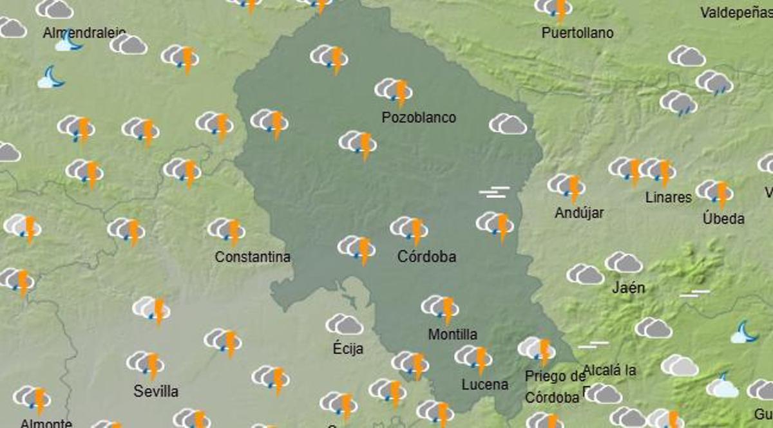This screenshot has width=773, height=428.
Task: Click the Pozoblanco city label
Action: point(419,118)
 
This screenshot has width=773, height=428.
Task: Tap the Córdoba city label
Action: point(426,257)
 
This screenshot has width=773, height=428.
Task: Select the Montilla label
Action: point(453,335)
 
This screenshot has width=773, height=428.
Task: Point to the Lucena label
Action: point(485,385)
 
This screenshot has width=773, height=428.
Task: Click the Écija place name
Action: point(348,349)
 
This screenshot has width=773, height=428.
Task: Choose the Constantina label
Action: point(253,257)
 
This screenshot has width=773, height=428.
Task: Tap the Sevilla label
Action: point(156,391)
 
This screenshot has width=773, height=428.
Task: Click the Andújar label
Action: point(579,213)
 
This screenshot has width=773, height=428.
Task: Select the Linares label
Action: point(669,198)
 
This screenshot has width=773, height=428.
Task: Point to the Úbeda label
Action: point(723,219)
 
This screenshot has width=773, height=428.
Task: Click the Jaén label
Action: point(628,288)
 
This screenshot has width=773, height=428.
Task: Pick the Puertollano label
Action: point(577,33)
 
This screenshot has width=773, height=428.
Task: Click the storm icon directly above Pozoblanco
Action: point(394,91)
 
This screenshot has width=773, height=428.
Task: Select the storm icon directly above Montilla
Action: point(441,308)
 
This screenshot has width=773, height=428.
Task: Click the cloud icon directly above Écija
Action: point(345,324)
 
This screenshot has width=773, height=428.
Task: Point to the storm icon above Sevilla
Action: point(146,364)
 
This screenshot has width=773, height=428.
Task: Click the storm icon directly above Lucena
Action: point(474,358)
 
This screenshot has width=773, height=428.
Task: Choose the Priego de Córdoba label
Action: point(554,387)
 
